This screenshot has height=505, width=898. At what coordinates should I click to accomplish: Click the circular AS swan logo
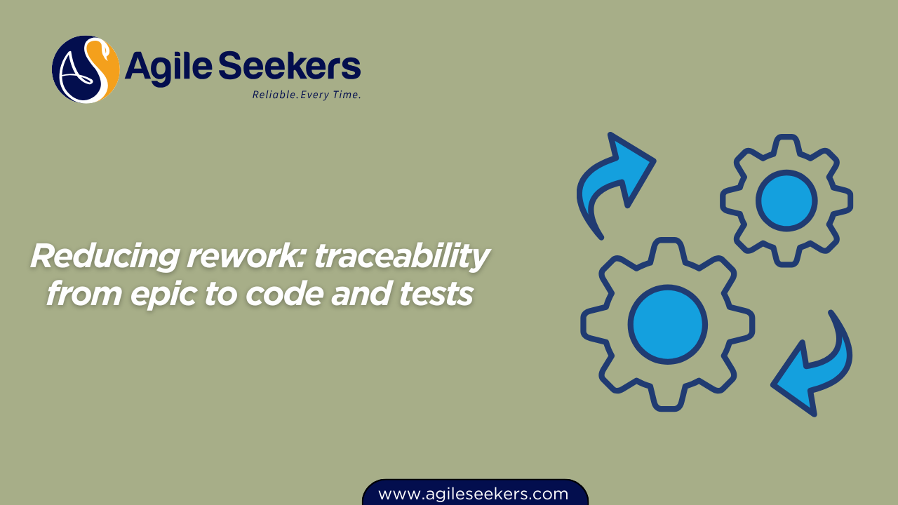pyautogui.click(x=86, y=69)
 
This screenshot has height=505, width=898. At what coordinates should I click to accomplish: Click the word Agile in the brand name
pyautogui.click(x=168, y=67)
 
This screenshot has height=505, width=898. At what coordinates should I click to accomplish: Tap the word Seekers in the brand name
pyautogui.click(x=290, y=65)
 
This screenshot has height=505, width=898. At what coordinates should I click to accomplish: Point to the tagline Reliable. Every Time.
pyautogui.click(x=307, y=95)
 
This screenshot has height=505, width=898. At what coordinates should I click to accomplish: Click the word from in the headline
pyautogui.click(x=84, y=293)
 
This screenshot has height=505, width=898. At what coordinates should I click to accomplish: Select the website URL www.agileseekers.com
pyautogui.click(x=473, y=494)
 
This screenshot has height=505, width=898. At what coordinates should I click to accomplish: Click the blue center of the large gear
pyautogui.click(x=667, y=325)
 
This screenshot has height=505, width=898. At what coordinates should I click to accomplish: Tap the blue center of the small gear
pyautogui.click(x=786, y=201)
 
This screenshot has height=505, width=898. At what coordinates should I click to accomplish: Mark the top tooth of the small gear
pyautogui.click(x=786, y=145)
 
